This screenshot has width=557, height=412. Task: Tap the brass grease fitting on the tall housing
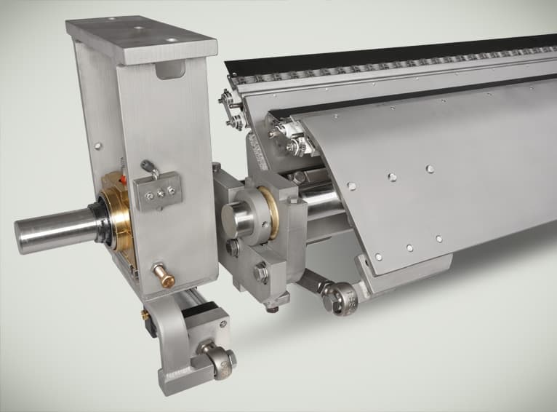(x=163, y=276)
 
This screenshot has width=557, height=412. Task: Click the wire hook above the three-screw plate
(x=151, y=169)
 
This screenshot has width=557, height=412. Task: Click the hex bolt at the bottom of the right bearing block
(x=261, y=273)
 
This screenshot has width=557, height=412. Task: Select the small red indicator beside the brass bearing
(x=126, y=181)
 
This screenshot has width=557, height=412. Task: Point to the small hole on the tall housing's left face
(x=97, y=146)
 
